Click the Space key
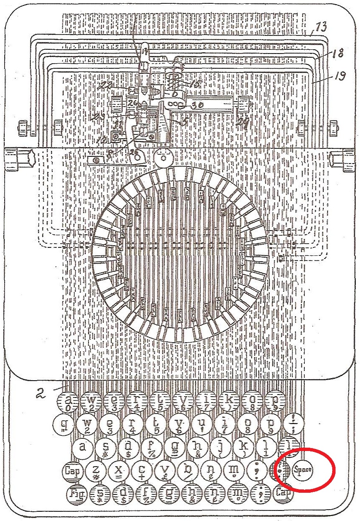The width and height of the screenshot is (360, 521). [303, 469]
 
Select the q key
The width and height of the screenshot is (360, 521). [64, 423]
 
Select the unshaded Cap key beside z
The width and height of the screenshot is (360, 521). [72, 470]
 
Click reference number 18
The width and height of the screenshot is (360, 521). [336, 53]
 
